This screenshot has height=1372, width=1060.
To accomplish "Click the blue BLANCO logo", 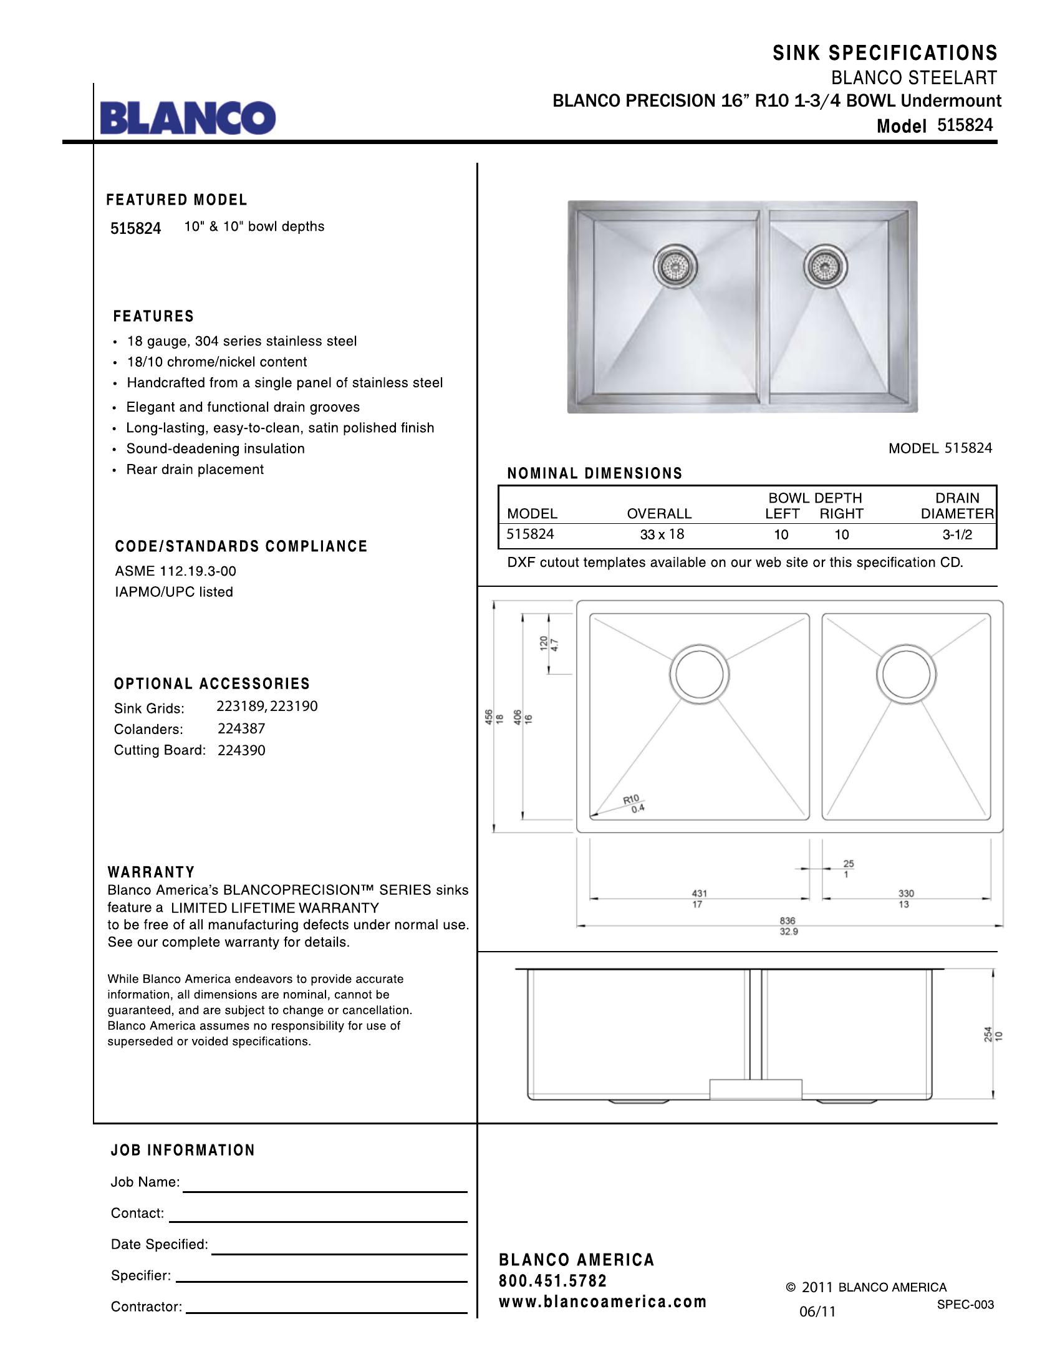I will [188, 118].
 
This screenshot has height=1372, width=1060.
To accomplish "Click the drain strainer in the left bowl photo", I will [676, 266].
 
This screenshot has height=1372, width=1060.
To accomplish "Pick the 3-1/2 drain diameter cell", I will [957, 534].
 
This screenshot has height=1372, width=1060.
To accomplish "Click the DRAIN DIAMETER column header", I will [957, 506].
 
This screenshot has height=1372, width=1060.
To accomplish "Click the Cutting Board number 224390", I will [242, 750].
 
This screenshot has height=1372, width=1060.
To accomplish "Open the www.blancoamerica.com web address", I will [602, 1302].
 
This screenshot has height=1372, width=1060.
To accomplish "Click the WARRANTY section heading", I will [152, 872].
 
